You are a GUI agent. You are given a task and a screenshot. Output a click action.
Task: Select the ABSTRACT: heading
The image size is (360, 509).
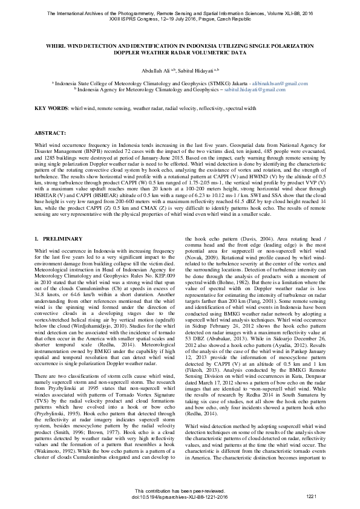[50, 132]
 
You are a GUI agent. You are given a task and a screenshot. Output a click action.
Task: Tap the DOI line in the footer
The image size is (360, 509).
[179, 497]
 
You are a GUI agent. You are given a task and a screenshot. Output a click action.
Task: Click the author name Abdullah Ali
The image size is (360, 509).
[153, 70]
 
